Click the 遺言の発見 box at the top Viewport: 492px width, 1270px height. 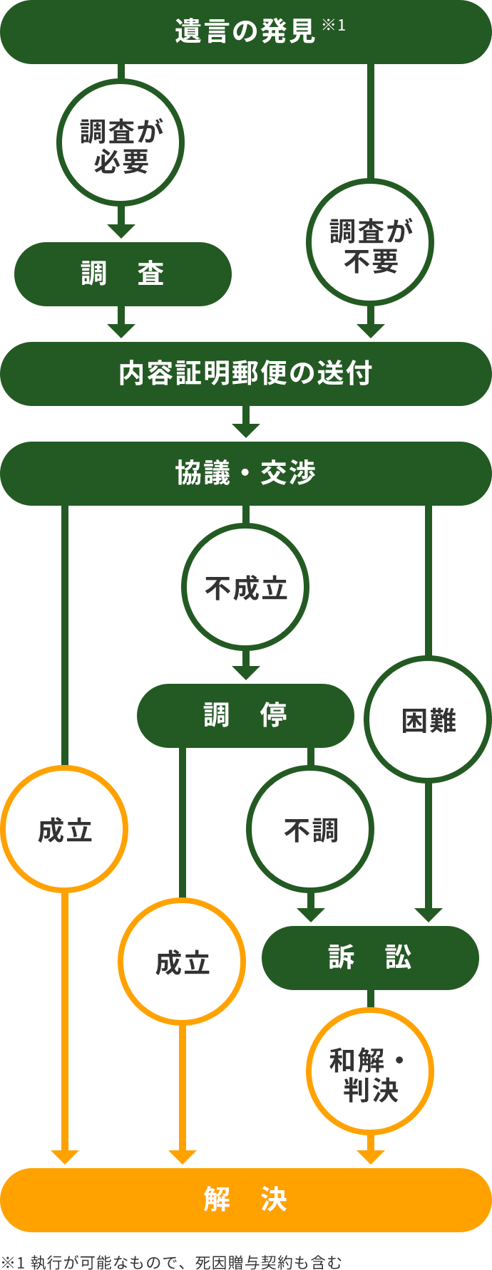click(246, 32)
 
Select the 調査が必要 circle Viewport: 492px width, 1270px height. click(121, 142)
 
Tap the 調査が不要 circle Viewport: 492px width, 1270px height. click(370, 242)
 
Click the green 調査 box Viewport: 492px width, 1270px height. click(123, 274)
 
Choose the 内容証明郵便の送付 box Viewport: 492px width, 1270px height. click(246, 374)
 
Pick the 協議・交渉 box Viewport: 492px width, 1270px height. click(246, 474)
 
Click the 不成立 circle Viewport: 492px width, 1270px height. click(245, 588)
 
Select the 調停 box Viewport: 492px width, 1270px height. click(245, 716)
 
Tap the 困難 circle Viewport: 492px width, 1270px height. click(428, 719)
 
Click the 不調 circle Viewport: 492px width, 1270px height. click(310, 829)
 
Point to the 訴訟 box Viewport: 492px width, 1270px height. click(370, 958)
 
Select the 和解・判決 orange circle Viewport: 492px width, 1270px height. click(370, 1071)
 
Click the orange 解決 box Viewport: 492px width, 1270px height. click(246, 1200)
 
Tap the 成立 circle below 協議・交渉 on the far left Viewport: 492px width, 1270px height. click(64, 829)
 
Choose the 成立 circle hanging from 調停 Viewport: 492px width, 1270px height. click(182, 962)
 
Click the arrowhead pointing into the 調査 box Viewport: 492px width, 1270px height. click(121, 231)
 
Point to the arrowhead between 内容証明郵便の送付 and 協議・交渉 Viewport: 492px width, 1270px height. click(245, 430)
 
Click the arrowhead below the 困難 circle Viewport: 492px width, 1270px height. click(428, 915)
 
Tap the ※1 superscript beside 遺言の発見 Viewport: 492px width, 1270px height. click(334, 25)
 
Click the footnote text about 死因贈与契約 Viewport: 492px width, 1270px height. click(171, 1262)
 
